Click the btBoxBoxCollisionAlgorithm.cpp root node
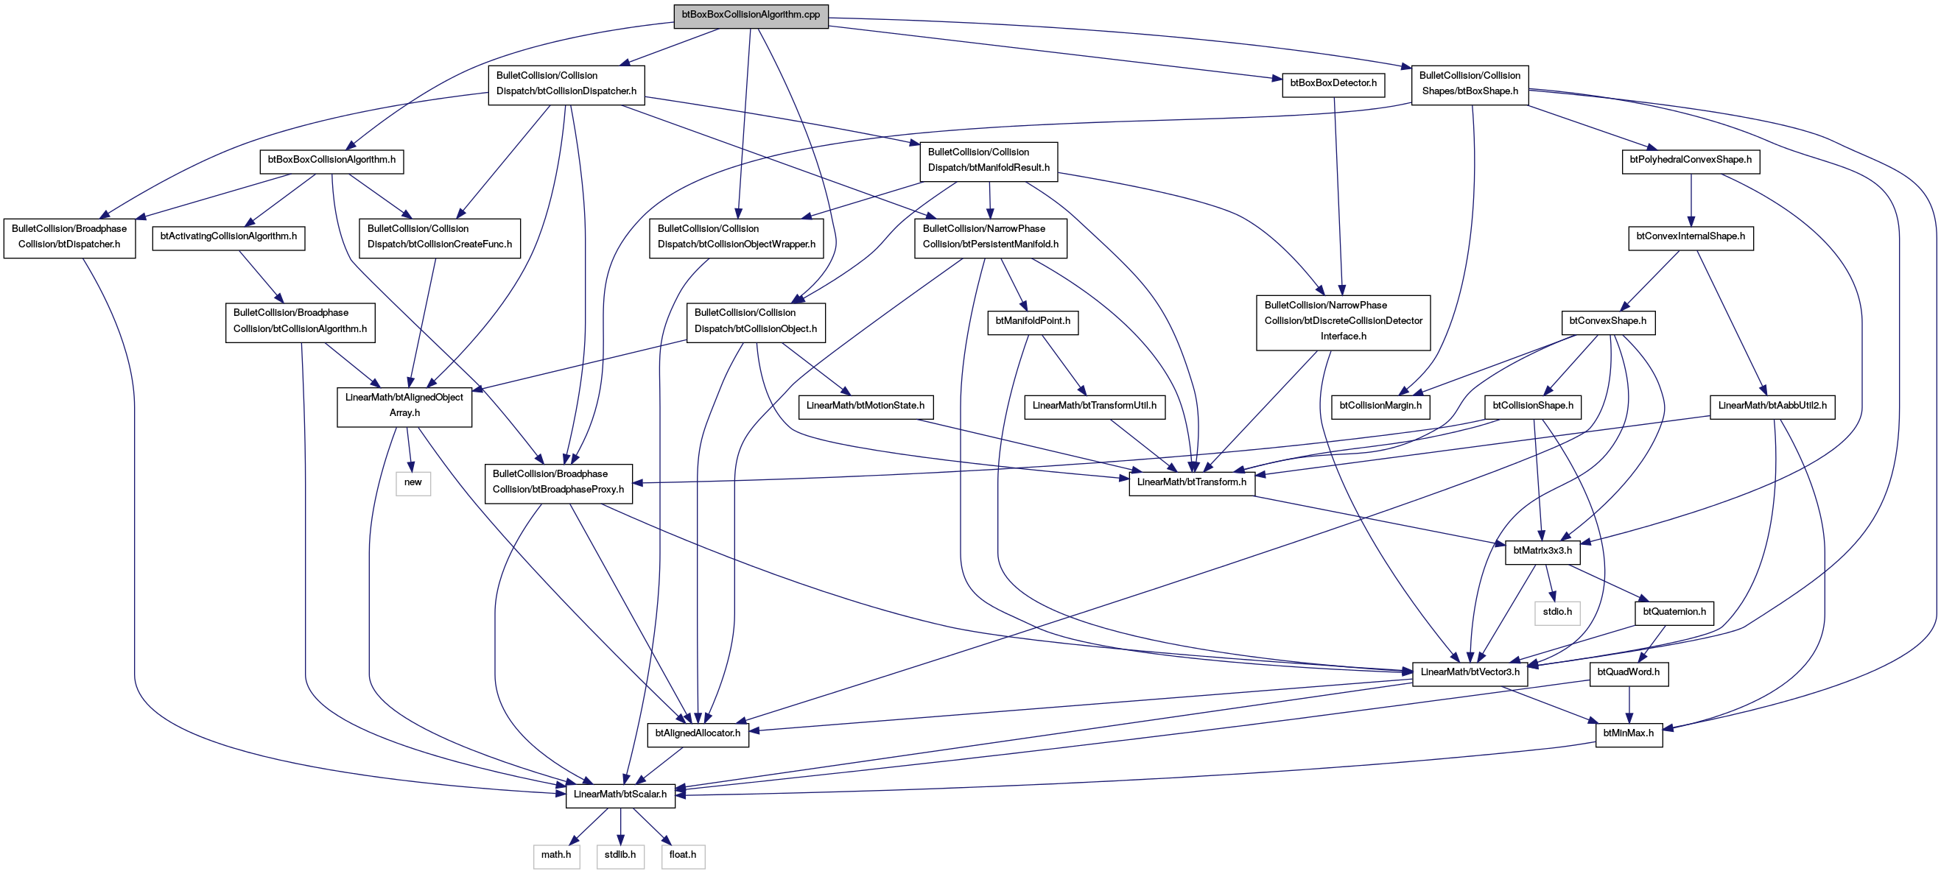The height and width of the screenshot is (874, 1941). (x=751, y=15)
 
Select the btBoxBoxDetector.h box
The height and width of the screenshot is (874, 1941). (x=1333, y=84)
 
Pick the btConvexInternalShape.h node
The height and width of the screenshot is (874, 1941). (x=1690, y=237)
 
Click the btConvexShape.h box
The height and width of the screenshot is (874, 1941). (x=1607, y=322)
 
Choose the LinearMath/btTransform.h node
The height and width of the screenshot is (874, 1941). (x=1191, y=483)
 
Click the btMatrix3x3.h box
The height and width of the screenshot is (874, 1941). (x=1542, y=551)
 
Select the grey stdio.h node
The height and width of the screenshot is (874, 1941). (x=1556, y=613)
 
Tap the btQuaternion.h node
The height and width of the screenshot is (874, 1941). (x=1674, y=613)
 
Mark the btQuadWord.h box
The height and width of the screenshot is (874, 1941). (x=1628, y=673)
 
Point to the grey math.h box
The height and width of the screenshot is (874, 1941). (x=556, y=856)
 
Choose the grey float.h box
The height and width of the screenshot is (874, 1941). (x=683, y=856)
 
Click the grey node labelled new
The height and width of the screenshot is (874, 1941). (x=413, y=483)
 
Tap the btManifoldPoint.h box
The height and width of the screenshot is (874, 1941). (x=1032, y=322)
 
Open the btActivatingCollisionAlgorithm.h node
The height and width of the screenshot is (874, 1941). (x=228, y=237)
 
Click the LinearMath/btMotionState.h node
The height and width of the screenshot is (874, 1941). (x=865, y=406)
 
